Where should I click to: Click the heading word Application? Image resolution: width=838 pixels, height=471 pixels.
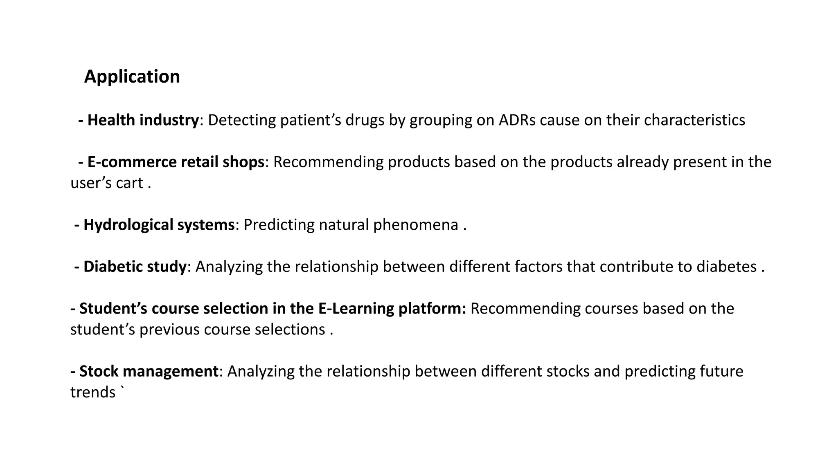pos(132,77)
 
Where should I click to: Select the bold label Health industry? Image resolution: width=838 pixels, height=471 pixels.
pos(143,120)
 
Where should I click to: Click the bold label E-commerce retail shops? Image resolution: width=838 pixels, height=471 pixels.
pos(176,162)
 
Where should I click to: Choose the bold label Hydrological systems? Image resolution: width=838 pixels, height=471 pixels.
pos(159,225)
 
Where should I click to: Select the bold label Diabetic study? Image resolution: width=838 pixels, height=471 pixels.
pos(135,267)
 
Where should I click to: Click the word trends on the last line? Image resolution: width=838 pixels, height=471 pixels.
pos(93,392)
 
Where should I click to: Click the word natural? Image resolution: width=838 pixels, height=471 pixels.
pos(344,225)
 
